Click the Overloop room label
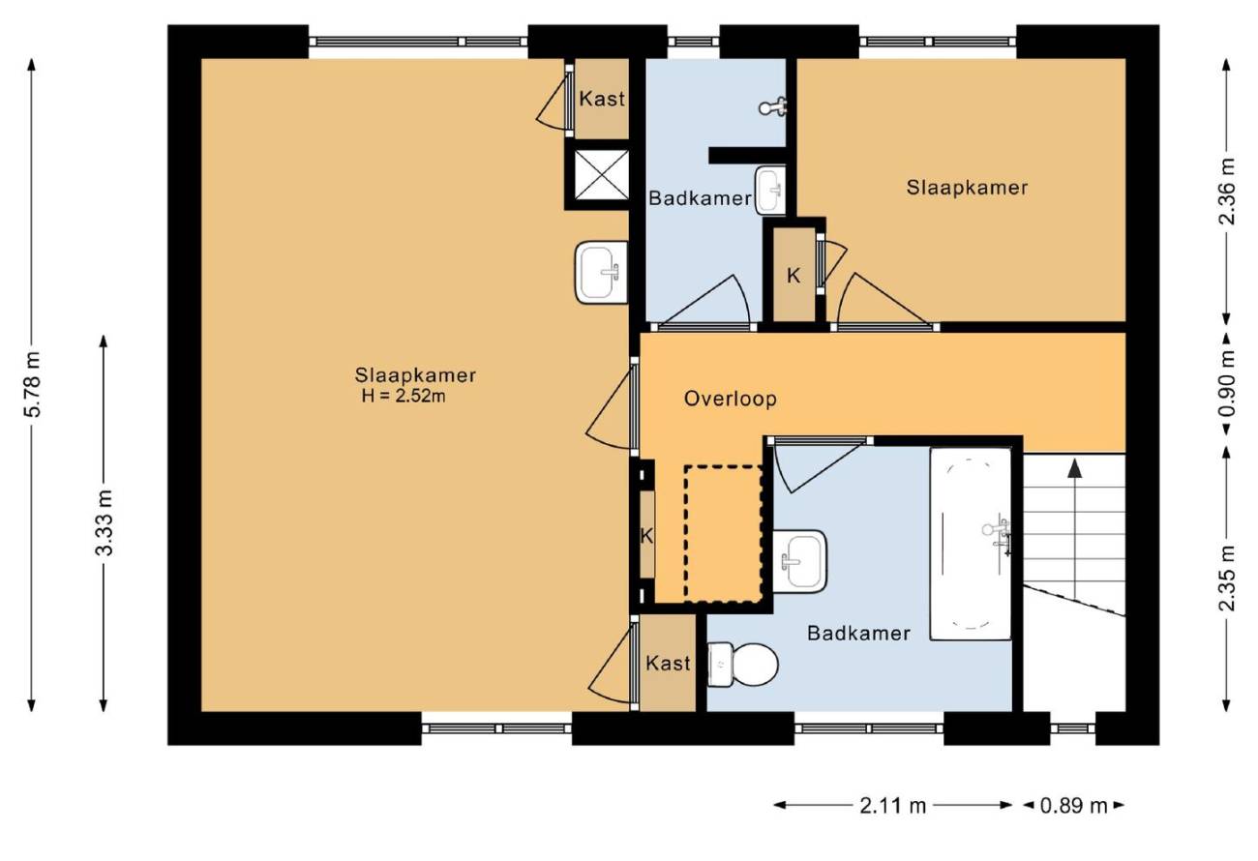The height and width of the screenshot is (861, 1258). point(730,399)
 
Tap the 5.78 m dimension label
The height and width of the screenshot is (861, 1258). point(33,384)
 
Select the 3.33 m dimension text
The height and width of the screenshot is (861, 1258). point(105,522)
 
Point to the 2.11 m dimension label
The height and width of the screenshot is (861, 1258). point(892,806)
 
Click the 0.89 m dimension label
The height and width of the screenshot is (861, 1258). point(1074,806)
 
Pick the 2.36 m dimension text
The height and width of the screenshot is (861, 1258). point(1228,192)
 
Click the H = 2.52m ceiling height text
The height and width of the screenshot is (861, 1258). point(404,397)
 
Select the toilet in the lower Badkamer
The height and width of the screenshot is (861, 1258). point(742,665)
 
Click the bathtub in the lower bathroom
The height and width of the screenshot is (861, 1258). point(971,544)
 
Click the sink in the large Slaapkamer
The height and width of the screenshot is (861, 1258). point(601,272)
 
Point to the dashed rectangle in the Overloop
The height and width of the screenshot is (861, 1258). point(724,534)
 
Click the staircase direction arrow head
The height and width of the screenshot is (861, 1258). point(1074,468)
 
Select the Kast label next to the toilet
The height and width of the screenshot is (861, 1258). point(668,664)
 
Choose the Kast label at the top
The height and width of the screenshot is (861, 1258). point(602,99)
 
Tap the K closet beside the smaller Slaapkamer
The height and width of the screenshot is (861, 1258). point(793,276)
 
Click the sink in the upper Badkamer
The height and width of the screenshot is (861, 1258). point(770,191)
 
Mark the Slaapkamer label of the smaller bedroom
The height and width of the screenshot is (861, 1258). point(967,188)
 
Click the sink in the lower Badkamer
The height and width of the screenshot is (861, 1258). point(799,561)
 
